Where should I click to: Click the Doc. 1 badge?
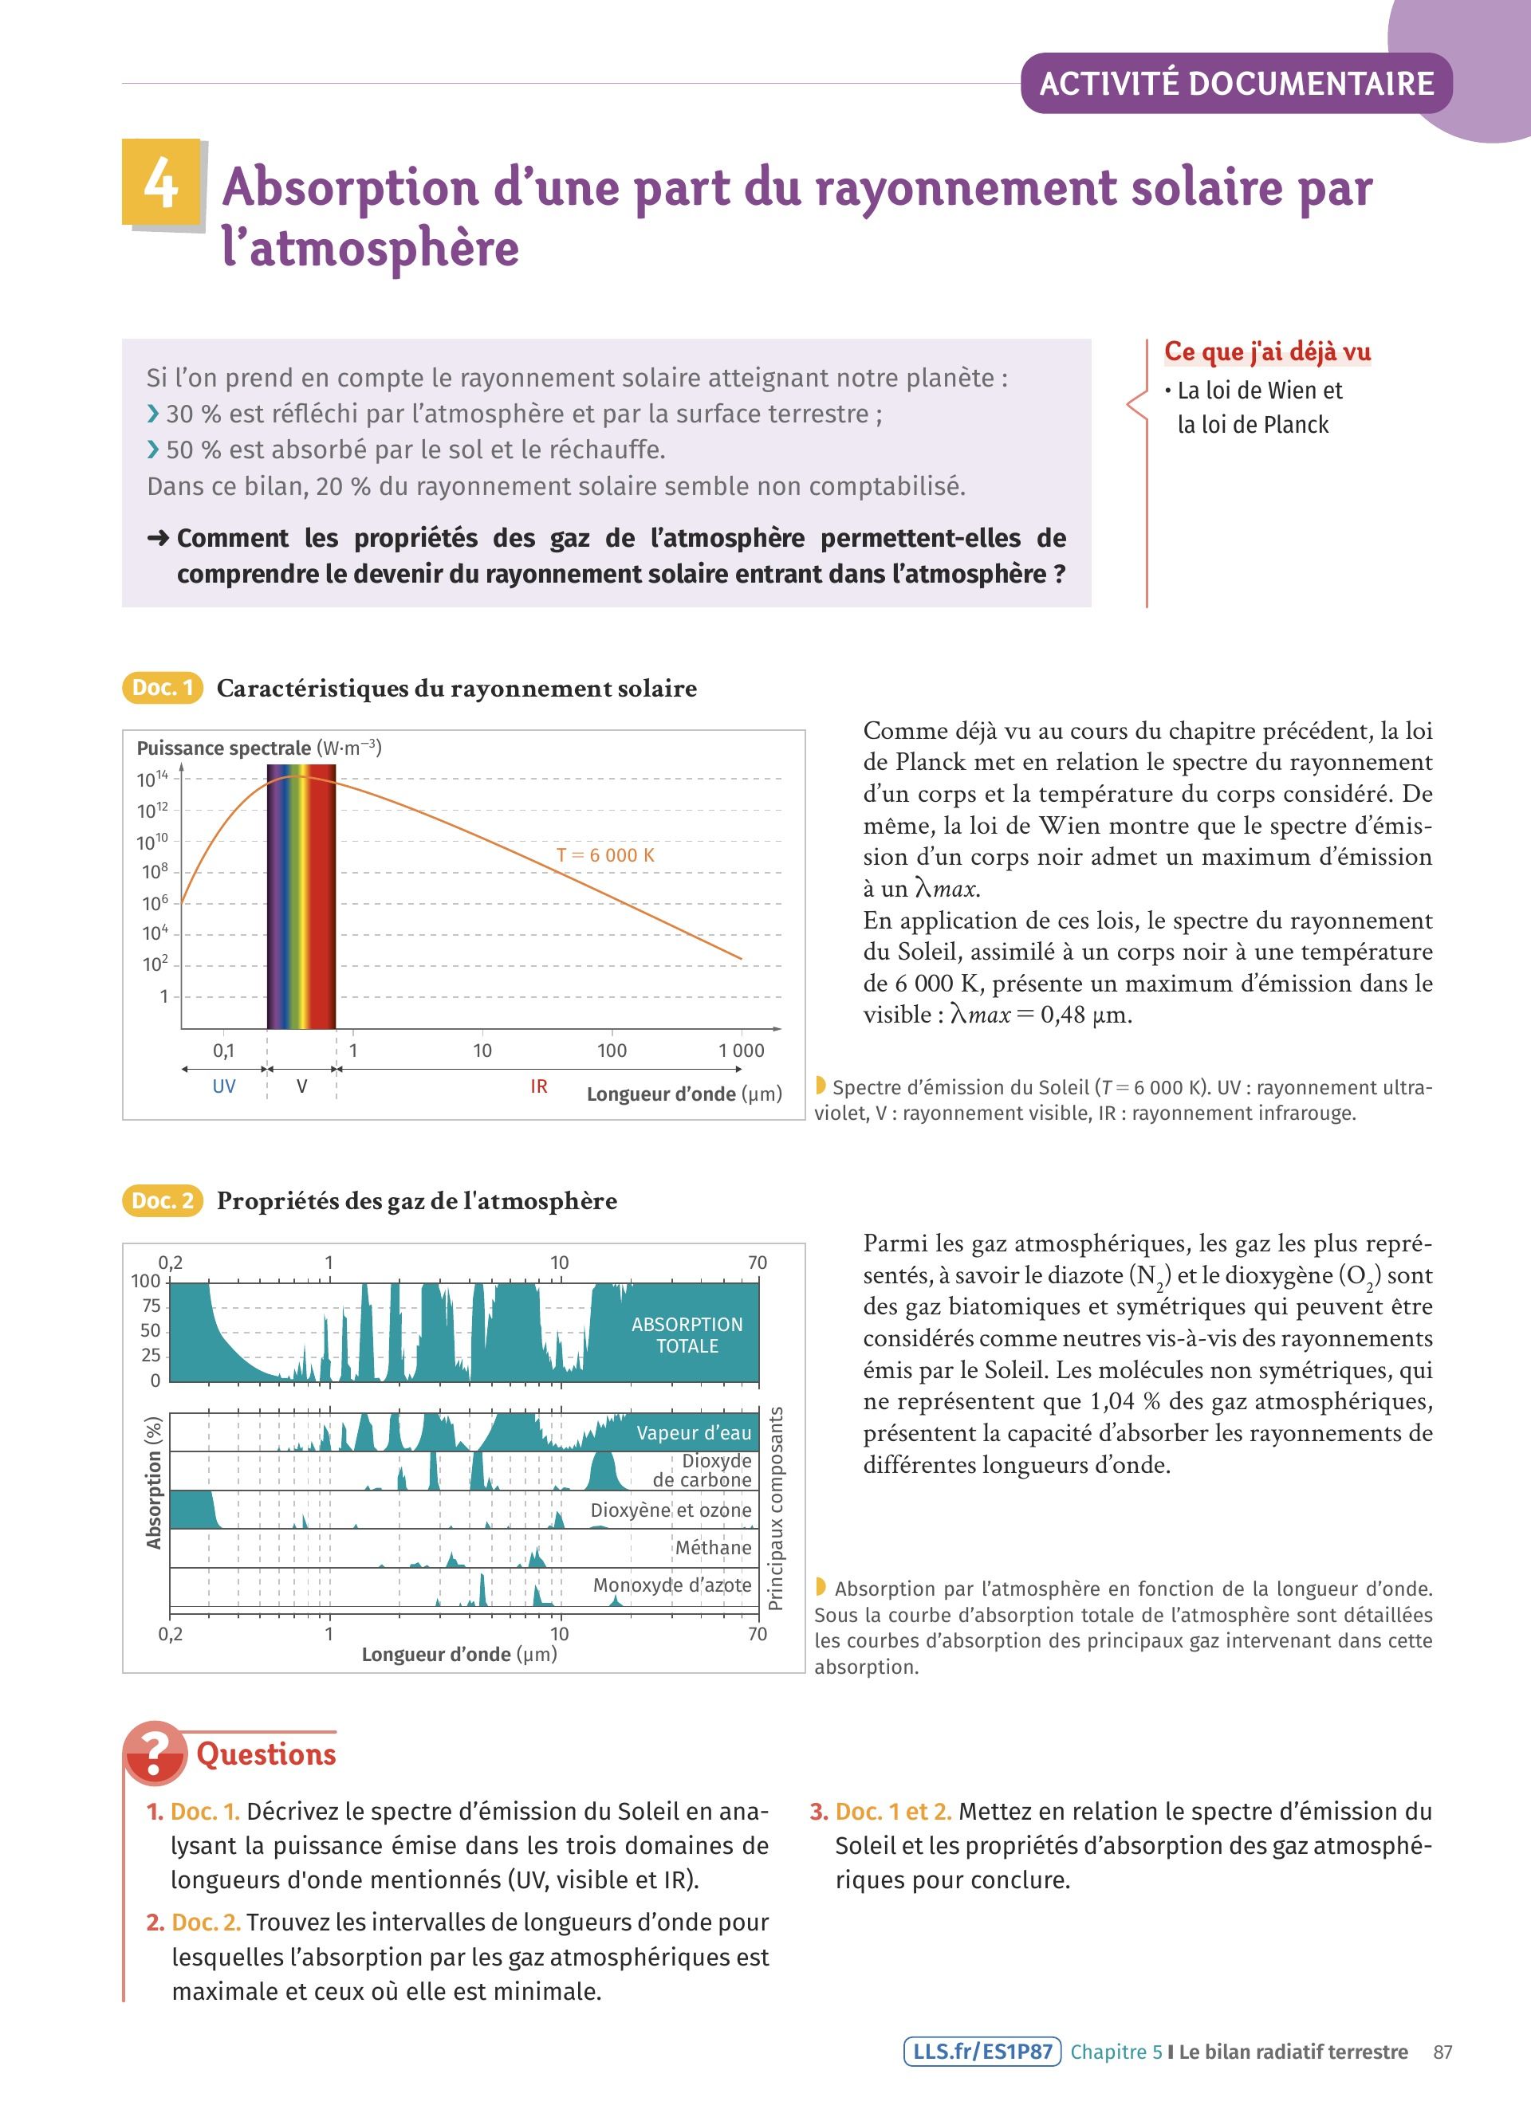click(163, 688)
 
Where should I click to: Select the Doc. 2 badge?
click(163, 1200)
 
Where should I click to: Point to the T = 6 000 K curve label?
click(605, 855)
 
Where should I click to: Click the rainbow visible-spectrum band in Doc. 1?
click(301, 896)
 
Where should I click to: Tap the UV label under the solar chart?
click(224, 1086)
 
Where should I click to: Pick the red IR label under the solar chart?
click(539, 1086)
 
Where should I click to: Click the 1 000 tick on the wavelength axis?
click(742, 1050)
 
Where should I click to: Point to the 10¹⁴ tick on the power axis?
click(152, 779)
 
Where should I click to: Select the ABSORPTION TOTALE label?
click(687, 1335)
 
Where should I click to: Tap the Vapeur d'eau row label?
click(694, 1433)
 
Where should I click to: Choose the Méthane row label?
click(713, 1548)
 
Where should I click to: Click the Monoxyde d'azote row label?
click(672, 1585)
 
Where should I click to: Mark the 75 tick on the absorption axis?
click(152, 1306)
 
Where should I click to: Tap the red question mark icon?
click(155, 1753)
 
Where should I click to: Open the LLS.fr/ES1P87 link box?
click(982, 2052)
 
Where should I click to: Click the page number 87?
click(1442, 2052)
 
